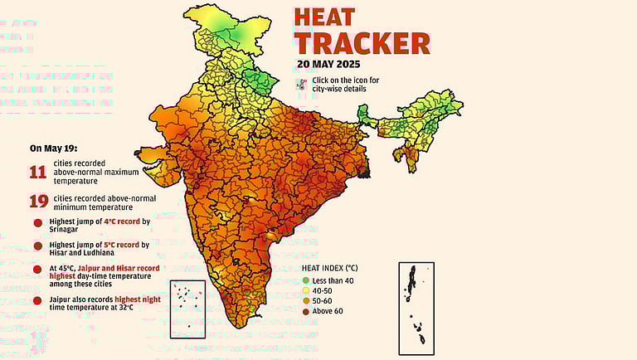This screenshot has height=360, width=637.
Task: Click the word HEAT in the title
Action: [324, 17]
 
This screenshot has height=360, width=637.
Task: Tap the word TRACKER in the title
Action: [362, 43]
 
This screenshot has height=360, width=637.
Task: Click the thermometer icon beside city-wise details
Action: [303, 83]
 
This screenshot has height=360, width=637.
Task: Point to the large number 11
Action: [38, 172]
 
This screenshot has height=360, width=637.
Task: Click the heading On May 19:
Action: [52, 148]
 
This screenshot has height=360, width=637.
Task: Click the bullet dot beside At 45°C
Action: [37, 270]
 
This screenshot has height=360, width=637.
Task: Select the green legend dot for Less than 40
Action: [305, 282]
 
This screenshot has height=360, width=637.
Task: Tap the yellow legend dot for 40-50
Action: [305, 292]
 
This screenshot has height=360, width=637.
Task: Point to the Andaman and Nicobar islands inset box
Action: [417, 304]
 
